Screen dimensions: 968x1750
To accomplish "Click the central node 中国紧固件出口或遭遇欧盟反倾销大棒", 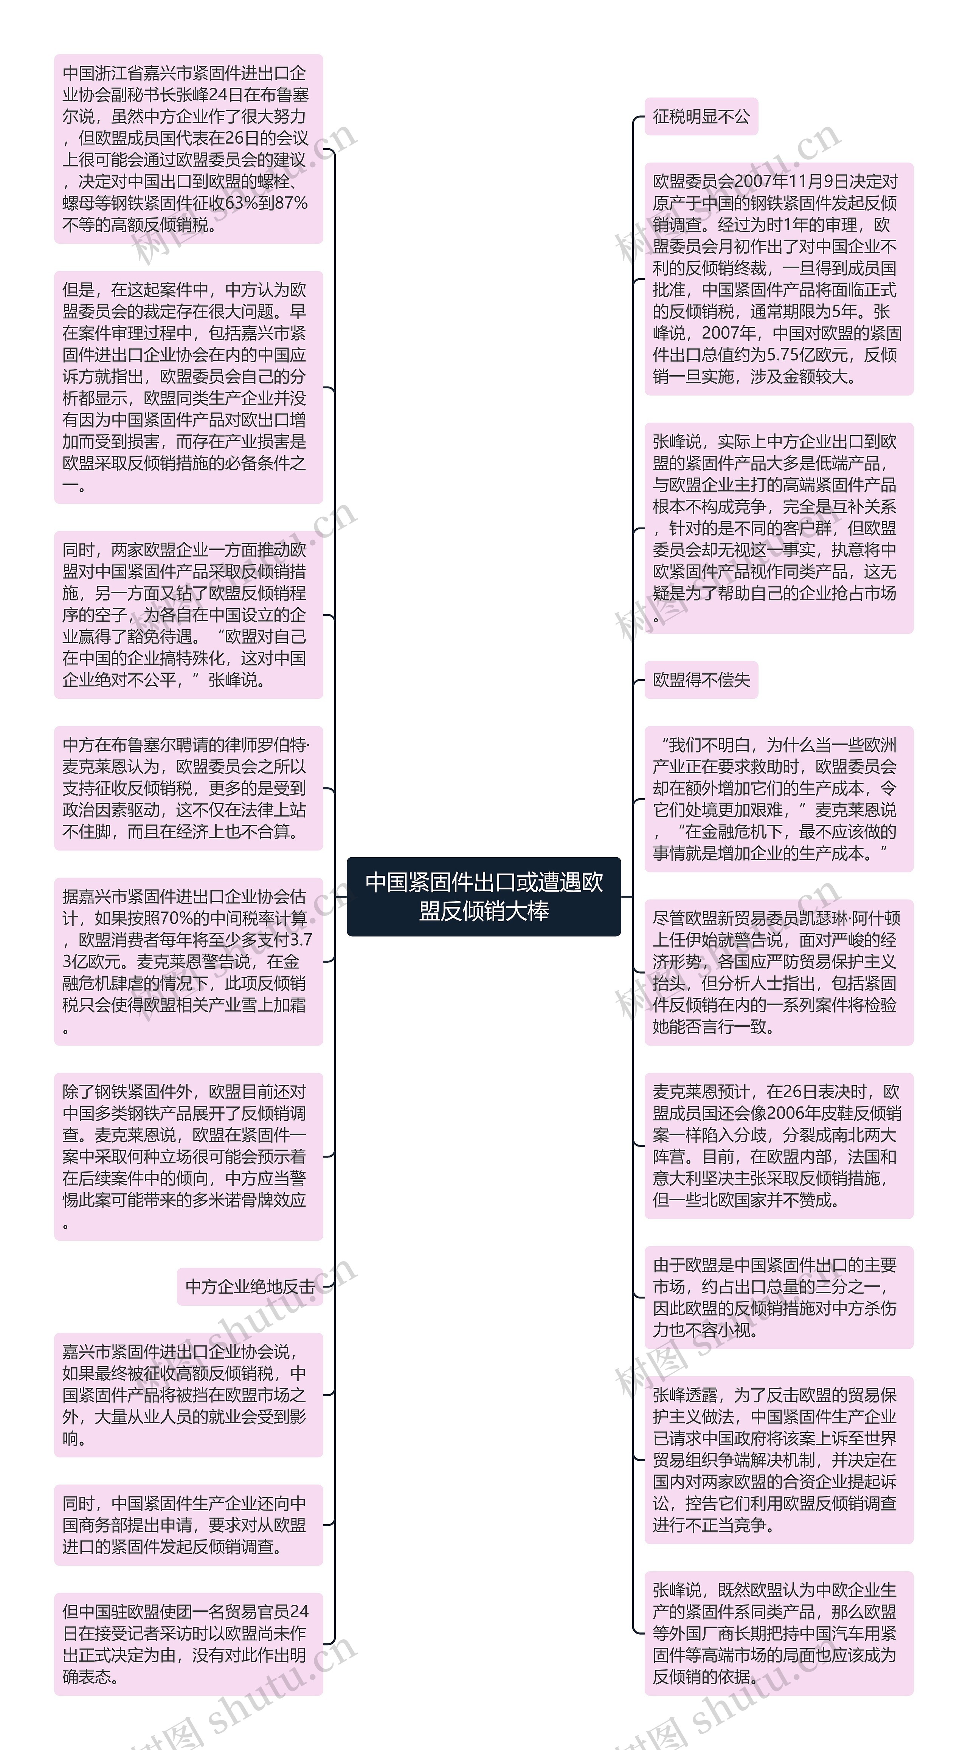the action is coord(484,896).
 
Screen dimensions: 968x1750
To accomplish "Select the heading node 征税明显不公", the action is coord(701,117).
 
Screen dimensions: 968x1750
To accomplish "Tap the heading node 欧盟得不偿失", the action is coord(701,680).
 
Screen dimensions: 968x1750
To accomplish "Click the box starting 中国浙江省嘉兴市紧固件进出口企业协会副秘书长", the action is coord(188,149).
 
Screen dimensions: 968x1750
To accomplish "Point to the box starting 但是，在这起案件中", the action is coord(188,387).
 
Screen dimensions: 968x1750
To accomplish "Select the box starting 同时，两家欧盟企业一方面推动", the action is coord(188,615).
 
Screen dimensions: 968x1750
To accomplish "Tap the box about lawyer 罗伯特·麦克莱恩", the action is coord(188,788).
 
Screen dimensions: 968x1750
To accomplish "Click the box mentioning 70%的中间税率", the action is coord(188,961).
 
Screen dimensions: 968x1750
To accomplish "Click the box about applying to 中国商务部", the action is coord(188,1525).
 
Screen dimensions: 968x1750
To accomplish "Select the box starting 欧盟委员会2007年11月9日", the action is coord(779,279).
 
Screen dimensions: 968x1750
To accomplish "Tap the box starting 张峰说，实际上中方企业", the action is coord(779,528).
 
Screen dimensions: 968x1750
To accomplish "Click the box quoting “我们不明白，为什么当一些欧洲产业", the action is coord(779,799).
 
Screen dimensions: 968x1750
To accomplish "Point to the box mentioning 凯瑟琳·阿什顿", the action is coord(779,972).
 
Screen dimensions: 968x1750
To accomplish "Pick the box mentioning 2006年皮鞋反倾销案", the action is coord(779,1145).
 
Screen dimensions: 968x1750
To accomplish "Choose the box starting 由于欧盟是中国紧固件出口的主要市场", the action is coord(779,1297).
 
